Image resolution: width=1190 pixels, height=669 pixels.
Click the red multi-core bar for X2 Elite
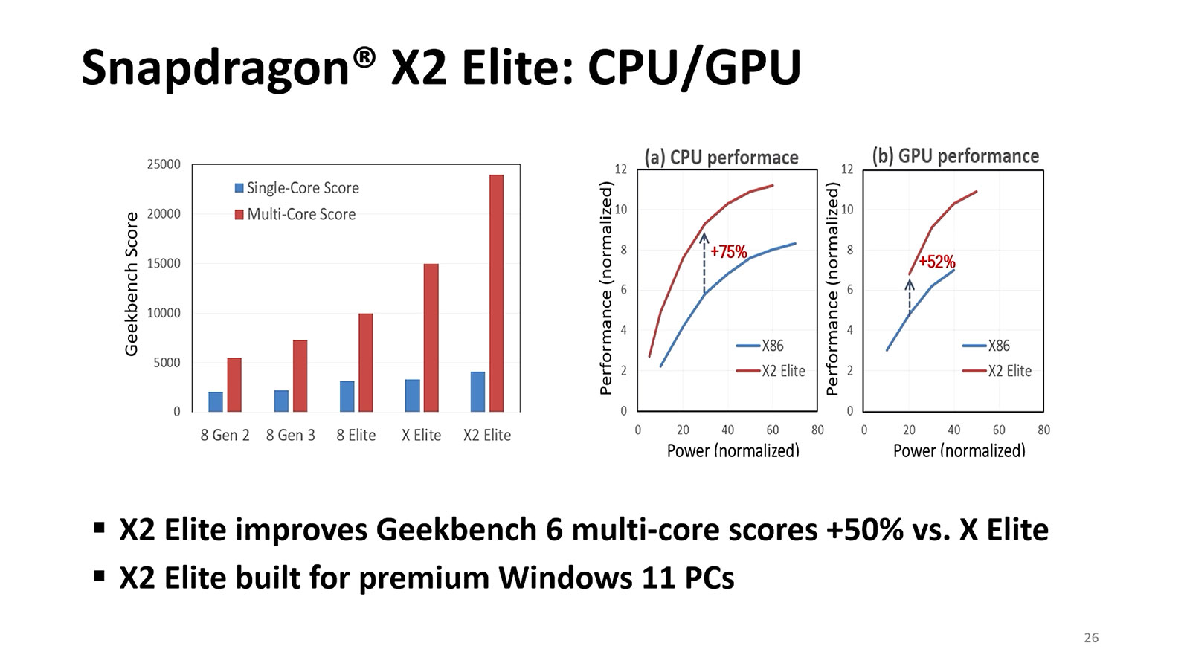[496, 293]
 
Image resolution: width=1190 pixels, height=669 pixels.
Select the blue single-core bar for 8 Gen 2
[216, 401]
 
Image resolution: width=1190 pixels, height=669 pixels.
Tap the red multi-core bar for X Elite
[431, 337]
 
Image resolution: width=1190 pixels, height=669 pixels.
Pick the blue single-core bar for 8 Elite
[347, 396]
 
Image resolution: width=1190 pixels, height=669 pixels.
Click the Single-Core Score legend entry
[297, 188]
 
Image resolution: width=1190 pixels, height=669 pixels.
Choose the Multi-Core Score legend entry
[295, 214]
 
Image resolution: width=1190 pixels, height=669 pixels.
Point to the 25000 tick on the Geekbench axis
[164, 164]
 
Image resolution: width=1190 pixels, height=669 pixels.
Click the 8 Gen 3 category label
[290, 435]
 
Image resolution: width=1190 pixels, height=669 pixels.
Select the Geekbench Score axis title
[132, 284]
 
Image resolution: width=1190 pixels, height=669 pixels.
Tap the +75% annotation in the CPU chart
[728, 252]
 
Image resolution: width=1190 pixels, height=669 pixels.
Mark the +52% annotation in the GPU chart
[936, 262]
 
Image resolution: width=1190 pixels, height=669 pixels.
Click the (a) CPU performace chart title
[721, 158]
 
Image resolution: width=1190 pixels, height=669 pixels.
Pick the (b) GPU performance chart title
[955, 156]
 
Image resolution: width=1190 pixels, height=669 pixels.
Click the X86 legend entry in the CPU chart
[760, 346]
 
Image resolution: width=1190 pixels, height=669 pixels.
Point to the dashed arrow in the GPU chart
[909, 298]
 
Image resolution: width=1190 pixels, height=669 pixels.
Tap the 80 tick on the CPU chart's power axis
[817, 430]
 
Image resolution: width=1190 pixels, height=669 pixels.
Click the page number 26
[1091, 638]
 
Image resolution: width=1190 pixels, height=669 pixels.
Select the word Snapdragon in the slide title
[215, 68]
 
